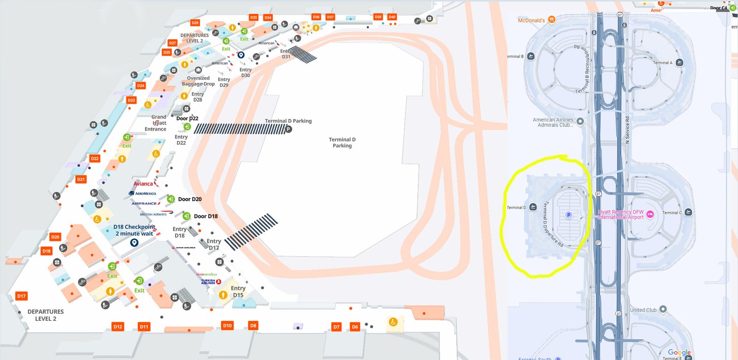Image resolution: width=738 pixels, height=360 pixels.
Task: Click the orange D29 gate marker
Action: [195, 23]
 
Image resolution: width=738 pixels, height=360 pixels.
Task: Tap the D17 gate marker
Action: [21, 296]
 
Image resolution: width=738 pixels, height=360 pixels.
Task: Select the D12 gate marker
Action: [118, 326]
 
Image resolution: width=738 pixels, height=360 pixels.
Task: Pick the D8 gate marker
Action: [253, 325]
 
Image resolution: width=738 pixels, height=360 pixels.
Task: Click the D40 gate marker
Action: [392, 17]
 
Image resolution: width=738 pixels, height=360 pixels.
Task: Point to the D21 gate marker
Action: [81, 179]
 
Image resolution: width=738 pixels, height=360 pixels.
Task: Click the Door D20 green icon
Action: [171, 199]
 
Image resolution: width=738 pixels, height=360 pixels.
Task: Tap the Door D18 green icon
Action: [186, 216]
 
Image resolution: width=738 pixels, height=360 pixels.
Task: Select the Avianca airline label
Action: [143, 184]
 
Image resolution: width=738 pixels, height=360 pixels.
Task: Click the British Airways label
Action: [154, 214]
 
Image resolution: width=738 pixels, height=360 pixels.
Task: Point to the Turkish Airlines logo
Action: [210, 281]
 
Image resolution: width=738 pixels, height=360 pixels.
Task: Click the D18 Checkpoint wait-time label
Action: [134, 230]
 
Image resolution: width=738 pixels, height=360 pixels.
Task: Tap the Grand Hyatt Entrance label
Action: [156, 123]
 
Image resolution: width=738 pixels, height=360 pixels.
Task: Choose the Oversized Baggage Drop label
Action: [198, 81]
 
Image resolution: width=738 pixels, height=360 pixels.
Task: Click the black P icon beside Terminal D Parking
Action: [288, 129]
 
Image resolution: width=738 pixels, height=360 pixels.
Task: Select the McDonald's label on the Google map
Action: [531, 20]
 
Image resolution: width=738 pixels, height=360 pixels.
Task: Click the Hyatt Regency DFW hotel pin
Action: [650, 214]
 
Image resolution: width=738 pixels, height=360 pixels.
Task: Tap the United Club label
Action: [643, 310]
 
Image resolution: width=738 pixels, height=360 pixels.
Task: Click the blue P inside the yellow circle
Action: [569, 215]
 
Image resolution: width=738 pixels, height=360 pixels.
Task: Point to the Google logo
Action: [679, 353]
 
